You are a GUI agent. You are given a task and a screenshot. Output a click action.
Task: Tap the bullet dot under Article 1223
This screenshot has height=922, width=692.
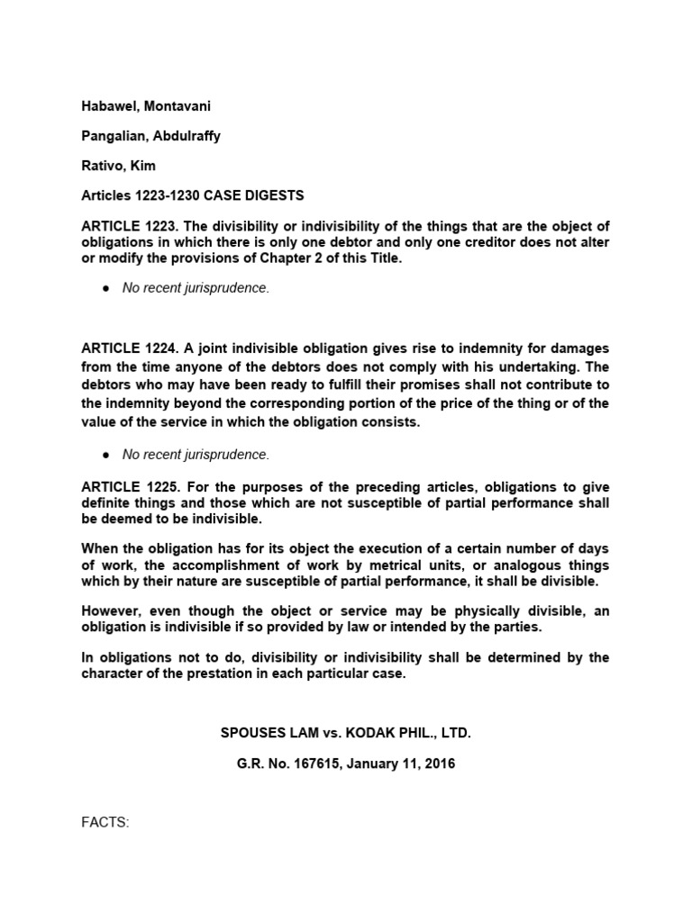coord(106,288)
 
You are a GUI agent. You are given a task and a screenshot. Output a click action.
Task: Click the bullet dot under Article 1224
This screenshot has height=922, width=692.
coord(106,455)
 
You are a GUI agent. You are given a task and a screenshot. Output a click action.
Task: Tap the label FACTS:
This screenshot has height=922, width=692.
coord(106,821)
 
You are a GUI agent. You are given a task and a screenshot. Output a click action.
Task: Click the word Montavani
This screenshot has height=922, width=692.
coord(179,106)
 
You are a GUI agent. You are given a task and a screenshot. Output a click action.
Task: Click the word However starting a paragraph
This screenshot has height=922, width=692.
coord(113,611)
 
